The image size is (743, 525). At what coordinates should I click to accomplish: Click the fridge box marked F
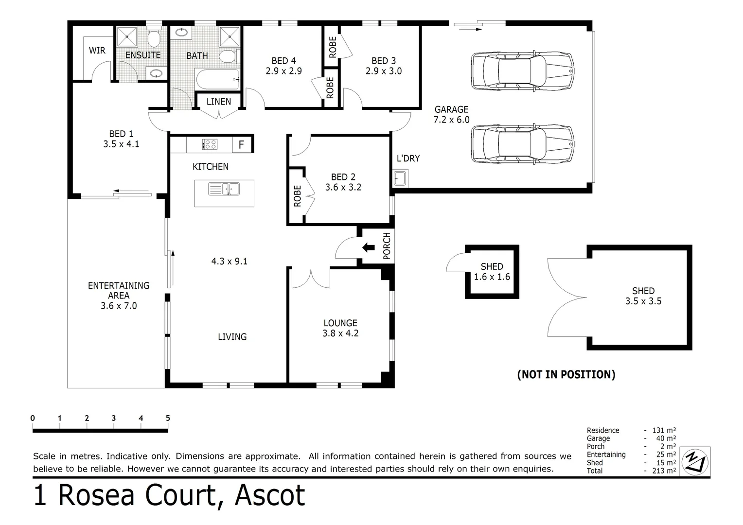point(242,144)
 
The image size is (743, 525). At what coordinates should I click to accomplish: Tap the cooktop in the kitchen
point(210,144)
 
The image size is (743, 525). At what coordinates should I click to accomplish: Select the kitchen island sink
point(224,189)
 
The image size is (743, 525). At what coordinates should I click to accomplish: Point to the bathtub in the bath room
point(217,79)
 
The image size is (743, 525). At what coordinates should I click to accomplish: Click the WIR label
point(97,51)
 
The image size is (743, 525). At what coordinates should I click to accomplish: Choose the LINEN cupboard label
point(219,102)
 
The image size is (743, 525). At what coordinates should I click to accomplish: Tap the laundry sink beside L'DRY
point(400,178)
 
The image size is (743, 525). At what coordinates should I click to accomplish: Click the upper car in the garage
point(522,70)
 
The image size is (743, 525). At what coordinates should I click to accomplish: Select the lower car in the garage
point(522,144)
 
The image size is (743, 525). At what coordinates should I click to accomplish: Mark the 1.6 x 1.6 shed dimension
point(492,277)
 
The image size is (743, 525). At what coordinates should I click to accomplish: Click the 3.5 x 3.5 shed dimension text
point(643,301)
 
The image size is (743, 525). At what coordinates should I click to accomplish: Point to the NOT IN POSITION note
point(566,374)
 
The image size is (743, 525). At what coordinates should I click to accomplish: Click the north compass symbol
point(696,461)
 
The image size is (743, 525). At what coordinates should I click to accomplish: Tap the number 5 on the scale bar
point(168,418)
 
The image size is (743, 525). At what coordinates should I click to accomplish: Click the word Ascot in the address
point(270,496)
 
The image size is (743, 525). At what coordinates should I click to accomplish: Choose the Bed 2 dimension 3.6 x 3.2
point(343,188)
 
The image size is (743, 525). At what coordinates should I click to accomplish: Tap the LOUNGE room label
point(340,323)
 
